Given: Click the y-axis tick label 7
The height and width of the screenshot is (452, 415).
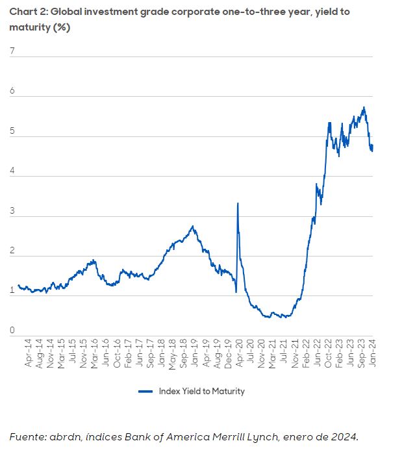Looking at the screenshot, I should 12,51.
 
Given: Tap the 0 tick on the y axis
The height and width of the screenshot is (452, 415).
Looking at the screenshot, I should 12,331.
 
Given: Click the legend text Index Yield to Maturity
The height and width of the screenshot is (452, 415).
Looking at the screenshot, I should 201,391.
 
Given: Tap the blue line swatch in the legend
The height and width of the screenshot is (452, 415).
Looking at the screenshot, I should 145,391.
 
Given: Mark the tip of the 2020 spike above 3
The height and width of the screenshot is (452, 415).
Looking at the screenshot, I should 238,203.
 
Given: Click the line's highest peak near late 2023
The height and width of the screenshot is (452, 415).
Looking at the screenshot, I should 364,108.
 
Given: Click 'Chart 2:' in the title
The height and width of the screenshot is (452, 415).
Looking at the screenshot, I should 27,12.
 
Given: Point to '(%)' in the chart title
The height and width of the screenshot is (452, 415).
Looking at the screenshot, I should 62,28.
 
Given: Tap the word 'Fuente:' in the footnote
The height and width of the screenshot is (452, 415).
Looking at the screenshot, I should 28,436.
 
